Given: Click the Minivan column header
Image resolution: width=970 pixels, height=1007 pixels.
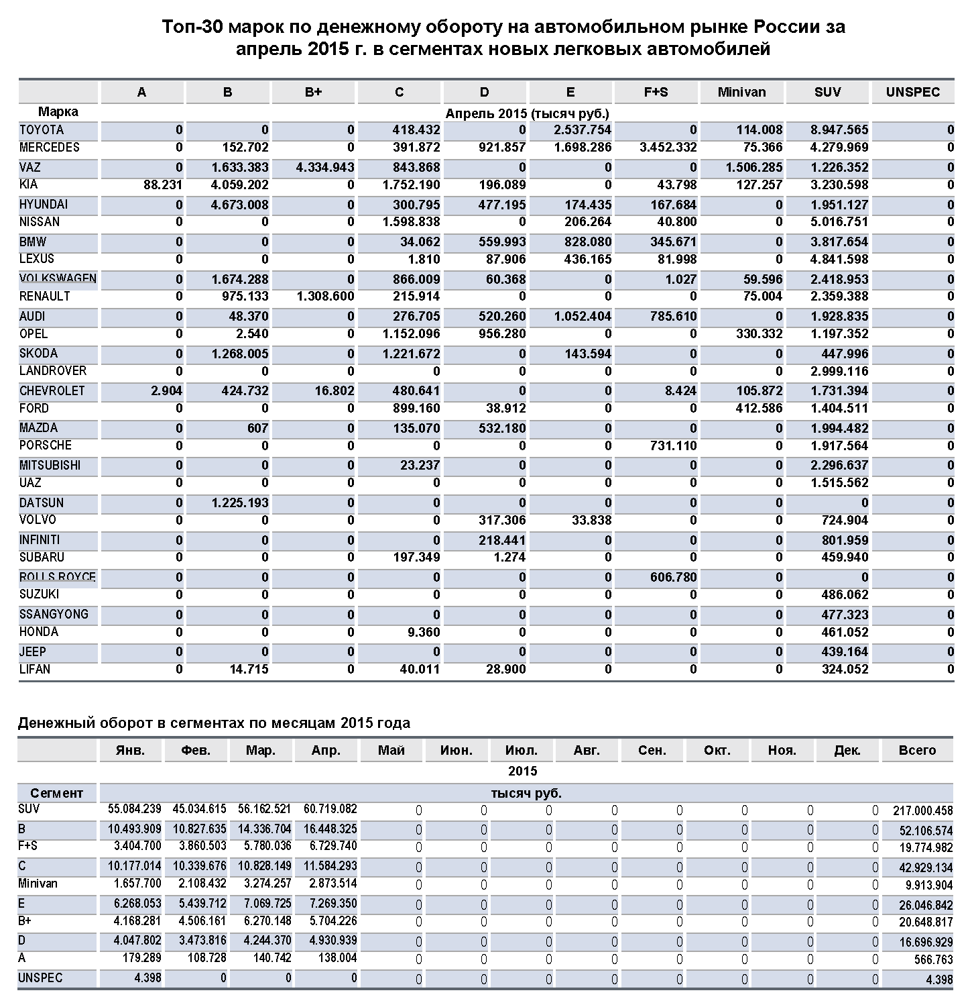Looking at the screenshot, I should (741, 93).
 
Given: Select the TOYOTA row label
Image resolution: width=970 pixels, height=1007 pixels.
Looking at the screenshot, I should (42, 130).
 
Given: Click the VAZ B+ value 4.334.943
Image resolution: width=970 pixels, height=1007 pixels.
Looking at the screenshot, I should (325, 167).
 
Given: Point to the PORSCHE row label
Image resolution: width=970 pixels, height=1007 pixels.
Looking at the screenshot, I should (46, 445).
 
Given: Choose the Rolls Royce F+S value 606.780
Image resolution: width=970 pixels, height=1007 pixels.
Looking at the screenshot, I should (673, 577).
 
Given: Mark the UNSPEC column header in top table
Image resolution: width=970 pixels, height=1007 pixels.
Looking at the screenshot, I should (912, 93).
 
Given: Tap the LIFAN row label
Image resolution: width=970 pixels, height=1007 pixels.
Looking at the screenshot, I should (35, 669).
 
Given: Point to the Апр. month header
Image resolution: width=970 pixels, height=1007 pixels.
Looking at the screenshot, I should (326, 751).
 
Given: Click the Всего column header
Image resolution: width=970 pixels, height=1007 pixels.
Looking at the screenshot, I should (917, 751).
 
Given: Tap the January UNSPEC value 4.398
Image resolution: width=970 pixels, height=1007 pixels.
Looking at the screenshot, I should (147, 978).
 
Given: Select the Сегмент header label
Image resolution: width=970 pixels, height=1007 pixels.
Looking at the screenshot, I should (57, 793).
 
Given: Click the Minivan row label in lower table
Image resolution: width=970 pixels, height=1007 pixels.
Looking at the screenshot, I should (38, 884).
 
